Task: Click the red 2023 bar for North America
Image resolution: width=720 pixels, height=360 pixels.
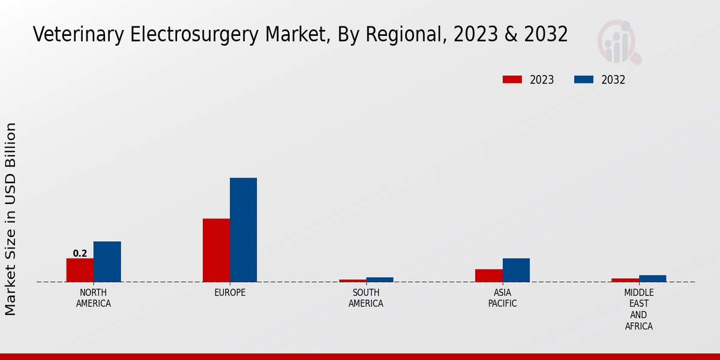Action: click(x=80, y=270)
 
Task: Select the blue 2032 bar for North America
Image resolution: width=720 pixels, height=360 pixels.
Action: click(x=107, y=262)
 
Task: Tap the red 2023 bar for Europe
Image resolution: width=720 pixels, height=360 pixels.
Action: click(x=216, y=250)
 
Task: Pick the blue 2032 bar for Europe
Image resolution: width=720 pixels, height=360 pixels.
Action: click(x=243, y=230)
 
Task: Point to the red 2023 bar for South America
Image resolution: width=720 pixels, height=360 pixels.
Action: click(x=352, y=280)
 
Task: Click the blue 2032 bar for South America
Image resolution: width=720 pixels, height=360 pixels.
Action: click(x=380, y=280)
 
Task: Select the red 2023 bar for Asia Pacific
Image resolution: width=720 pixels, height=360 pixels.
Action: click(x=488, y=275)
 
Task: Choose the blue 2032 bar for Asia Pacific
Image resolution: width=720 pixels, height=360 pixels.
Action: click(x=516, y=270)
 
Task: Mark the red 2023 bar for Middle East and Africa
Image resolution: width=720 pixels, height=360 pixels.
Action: click(x=625, y=280)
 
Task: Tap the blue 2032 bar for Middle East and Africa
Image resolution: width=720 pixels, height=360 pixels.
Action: click(x=652, y=278)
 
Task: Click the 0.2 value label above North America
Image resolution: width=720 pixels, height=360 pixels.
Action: click(x=80, y=253)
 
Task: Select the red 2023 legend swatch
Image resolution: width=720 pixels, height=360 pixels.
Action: click(x=512, y=80)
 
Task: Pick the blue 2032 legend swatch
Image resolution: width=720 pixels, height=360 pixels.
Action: click(x=584, y=80)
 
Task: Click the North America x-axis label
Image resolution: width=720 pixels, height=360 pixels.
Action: click(x=94, y=298)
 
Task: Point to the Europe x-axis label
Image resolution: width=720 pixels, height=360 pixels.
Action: click(x=230, y=293)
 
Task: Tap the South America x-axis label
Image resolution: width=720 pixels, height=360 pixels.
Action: click(x=366, y=298)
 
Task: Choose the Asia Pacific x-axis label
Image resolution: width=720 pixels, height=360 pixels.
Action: click(x=502, y=298)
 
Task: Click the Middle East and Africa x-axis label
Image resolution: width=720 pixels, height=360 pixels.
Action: click(x=638, y=310)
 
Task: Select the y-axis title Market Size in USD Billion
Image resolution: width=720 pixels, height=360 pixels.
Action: click(x=11, y=219)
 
